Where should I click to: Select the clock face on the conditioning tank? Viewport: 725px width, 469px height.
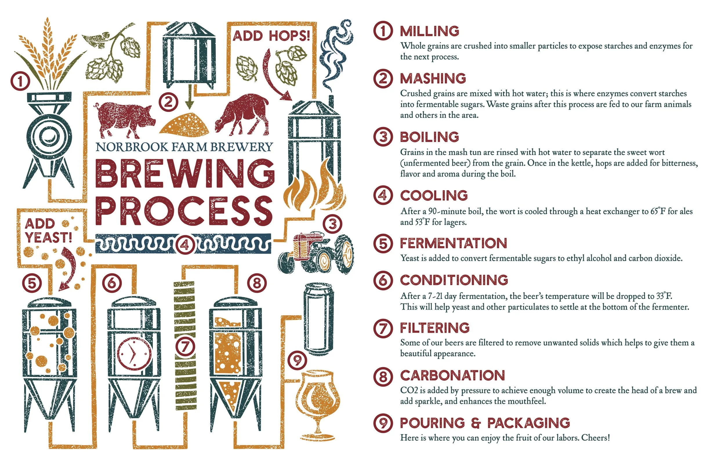[134, 353]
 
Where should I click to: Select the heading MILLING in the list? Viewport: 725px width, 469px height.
[429, 31]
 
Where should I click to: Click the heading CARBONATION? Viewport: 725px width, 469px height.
[452, 375]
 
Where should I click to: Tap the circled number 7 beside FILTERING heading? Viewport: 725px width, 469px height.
[383, 328]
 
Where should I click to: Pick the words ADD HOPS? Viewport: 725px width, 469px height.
[271, 36]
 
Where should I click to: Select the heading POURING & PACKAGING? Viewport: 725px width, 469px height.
[484, 423]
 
